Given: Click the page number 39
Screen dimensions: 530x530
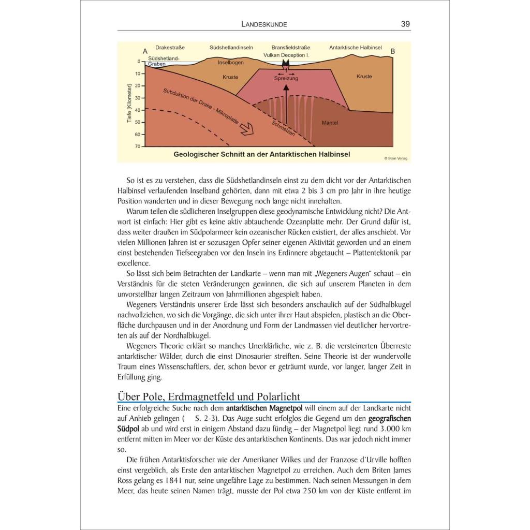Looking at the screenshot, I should click(405, 24).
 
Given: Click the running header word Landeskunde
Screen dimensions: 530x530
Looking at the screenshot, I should click(264, 24).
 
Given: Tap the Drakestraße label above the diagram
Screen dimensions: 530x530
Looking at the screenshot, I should click(169, 48).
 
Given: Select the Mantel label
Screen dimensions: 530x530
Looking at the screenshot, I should click(330, 123).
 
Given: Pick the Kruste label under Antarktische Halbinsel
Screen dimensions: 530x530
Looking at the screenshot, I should click(364, 77).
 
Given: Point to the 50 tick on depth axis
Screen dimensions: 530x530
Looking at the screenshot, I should click(138, 122).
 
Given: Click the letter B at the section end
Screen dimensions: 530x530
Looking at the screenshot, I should click(392, 51).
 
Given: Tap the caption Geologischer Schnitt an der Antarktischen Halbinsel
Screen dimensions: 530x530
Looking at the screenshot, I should click(261, 154).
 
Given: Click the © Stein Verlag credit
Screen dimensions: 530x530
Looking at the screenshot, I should click(396, 158).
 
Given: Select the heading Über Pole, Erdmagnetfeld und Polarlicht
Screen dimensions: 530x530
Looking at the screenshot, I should click(209, 397).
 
